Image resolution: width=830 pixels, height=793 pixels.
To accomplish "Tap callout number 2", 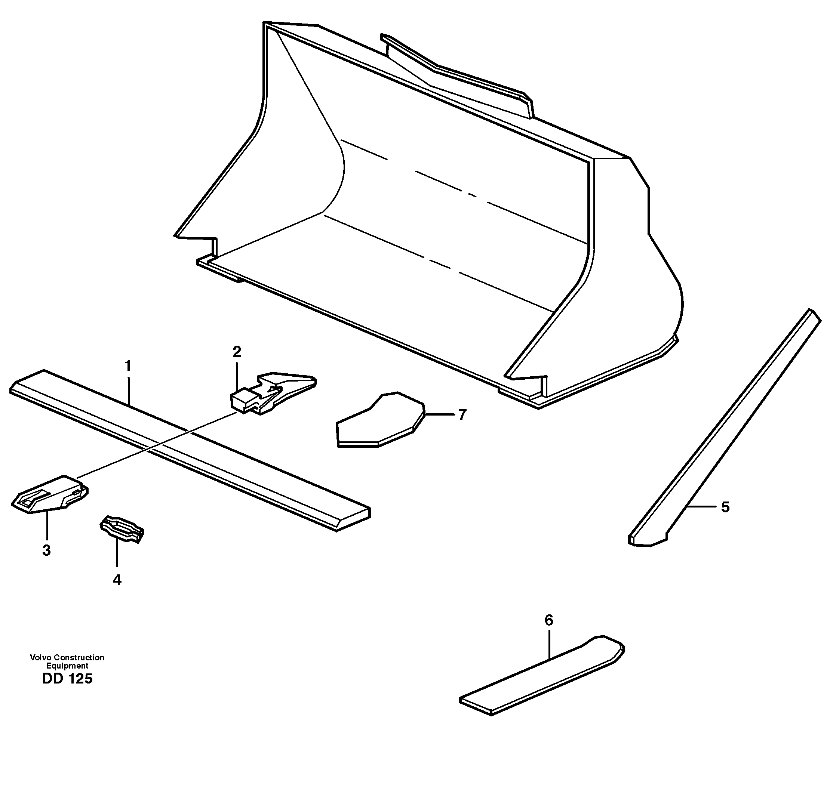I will point(237,351).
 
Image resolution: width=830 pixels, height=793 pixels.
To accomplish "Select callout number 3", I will point(46,551).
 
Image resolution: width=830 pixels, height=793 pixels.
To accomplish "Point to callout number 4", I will point(117,580).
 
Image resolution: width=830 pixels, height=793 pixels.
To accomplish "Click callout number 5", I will point(726,507).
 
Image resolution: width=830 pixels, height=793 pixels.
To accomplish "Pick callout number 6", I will point(548,620).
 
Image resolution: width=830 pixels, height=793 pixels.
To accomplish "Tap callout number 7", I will point(462,415).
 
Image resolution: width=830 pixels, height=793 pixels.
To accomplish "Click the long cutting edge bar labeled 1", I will point(190,448).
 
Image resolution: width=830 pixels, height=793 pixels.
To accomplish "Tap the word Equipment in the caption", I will point(67,666).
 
